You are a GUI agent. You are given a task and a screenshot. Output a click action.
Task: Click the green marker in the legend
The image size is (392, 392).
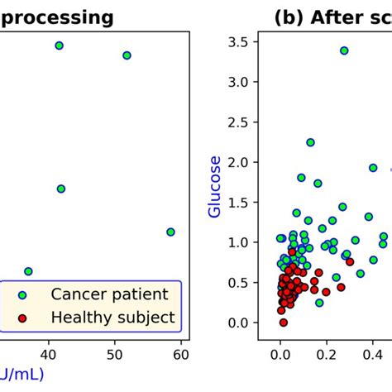click(22, 294)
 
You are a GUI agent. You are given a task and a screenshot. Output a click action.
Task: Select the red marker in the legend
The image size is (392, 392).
click(22, 317)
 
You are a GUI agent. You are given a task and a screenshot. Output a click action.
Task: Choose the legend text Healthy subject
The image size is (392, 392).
click(113, 317)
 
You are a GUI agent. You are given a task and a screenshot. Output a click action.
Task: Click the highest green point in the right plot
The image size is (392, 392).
click(343, 50)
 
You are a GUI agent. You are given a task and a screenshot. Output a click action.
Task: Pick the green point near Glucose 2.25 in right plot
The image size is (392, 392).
click(310, 142)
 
